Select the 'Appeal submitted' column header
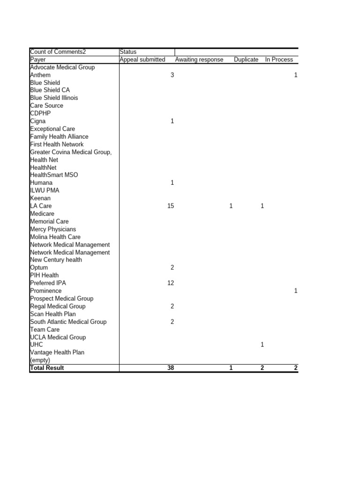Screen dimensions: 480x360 [x=142, y=60]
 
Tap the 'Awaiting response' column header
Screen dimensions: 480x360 [x=199, y=60]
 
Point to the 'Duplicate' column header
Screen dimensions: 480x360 [x=246, y=60]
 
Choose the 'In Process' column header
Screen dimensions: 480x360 [x=279, y=60]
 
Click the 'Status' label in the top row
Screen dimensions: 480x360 [x=128, y=52]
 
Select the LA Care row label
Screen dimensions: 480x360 [x=41, y=206]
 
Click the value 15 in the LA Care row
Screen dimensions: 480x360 [x=171, y=206]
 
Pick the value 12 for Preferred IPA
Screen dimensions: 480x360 [x=171, y=283]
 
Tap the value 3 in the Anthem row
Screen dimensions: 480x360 [x=172, y=75]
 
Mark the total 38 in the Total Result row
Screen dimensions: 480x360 [x=171, y=368]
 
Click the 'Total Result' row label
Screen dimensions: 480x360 [x=47, y=368]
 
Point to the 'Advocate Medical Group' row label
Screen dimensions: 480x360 [x=62, y=67]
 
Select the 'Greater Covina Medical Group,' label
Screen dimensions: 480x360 [x=71, y=152]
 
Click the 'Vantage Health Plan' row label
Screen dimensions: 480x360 [x=57, y=352]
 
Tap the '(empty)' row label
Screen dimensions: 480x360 [x=40, y=360]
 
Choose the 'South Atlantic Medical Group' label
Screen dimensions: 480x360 [x=68, y=322]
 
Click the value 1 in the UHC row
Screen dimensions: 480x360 [x=262, y=345]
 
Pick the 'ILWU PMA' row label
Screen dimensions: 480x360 [x=45, y=190]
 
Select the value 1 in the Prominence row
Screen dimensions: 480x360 [x=296, y=291]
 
